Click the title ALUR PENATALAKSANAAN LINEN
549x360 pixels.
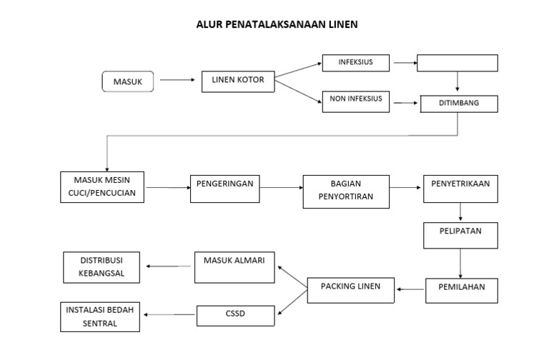(277, 24)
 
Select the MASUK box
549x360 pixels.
(128, 82)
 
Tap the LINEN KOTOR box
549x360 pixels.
(238, 80)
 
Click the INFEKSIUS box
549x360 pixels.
(356, 63)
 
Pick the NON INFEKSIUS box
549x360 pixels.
(356, 101)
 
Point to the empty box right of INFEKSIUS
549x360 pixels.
(457, 63)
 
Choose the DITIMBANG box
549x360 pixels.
(458, 104)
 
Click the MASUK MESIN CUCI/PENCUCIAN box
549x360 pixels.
(102, 186)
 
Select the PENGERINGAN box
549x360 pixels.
(224, 187)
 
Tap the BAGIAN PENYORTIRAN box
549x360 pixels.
(346, 191)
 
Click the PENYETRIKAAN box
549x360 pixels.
(460, 189)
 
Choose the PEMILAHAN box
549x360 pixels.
(461, 288)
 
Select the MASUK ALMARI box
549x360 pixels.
(235, 265)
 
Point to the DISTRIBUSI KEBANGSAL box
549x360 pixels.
(104, 266)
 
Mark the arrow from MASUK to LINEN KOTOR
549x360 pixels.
(177, 80)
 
